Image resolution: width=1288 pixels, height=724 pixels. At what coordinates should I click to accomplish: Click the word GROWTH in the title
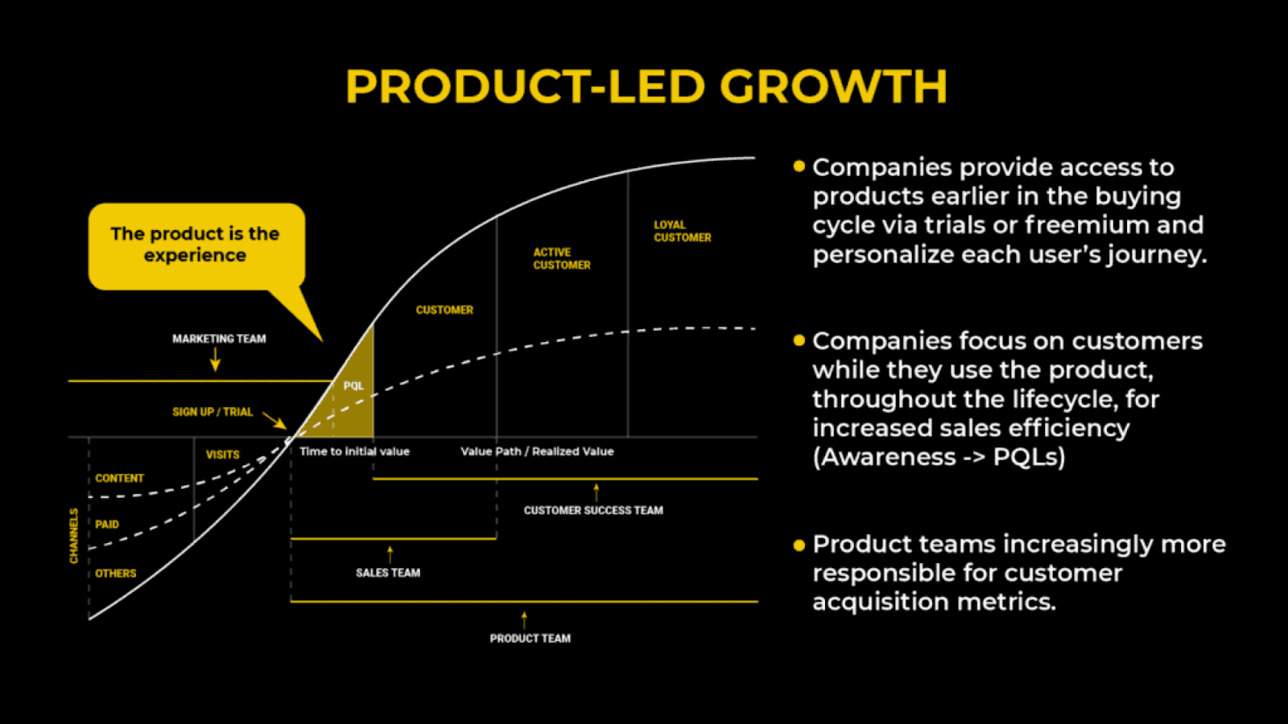(x=833, y=86)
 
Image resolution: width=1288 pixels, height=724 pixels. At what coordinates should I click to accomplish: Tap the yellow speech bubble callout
(x=196, y=246)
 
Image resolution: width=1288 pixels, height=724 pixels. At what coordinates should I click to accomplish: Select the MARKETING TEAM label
(x=219, y=339)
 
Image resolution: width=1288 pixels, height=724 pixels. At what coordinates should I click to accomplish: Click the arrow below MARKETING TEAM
(x=215, y=359)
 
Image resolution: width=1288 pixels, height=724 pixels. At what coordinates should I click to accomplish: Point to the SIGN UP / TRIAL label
(x=213, y=411)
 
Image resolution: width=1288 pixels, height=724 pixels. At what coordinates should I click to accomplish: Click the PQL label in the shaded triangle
(x=353, y=385)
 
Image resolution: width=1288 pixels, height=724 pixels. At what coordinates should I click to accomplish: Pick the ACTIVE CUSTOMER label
(x=562, y=258)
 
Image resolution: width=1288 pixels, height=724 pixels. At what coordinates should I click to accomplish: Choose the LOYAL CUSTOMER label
(x=683, y=231)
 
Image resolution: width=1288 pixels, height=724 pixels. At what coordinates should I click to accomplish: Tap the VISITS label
(x=222, y=455)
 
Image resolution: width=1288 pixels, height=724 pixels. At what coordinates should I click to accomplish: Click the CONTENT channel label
(x=120, y=478)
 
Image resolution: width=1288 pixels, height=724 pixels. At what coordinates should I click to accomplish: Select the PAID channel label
(x=107, y=524)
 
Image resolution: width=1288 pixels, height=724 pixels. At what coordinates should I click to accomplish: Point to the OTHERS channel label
(x=116, y=573)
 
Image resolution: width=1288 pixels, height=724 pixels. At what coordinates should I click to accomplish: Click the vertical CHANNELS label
(x=73, y=536)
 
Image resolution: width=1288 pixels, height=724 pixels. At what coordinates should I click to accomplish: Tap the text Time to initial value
(x=355, y=451)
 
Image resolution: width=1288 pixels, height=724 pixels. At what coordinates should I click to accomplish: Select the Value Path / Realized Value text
(x=537, y=451)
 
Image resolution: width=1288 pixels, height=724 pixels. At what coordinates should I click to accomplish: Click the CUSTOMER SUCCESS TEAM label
(x=593, y=510)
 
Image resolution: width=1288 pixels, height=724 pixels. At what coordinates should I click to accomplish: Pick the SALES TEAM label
(x=388, y=572)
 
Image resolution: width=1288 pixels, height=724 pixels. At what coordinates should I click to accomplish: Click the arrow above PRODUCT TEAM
(x=524, y=620)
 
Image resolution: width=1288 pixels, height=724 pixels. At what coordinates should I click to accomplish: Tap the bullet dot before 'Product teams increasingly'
(x=799, y=545)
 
